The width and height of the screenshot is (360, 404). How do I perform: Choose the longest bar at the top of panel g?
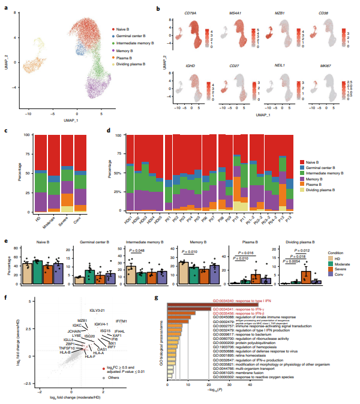(x=212, y=304)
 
